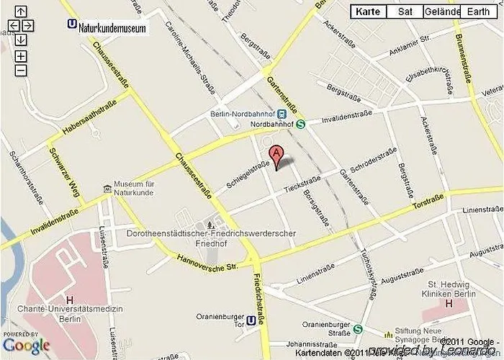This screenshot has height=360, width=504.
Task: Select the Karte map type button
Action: [368, 12]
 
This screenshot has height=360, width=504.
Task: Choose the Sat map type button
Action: [405, 12]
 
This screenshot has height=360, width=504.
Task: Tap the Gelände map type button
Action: [442, 12]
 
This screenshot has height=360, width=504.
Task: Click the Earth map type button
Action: [478, 12]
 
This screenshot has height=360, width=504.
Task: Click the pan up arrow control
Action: [20, 12]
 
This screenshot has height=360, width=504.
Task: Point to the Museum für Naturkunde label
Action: [140, 189]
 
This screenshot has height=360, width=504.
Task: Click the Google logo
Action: [27, 346]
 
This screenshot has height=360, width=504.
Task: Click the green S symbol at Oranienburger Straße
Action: [358, 329]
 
